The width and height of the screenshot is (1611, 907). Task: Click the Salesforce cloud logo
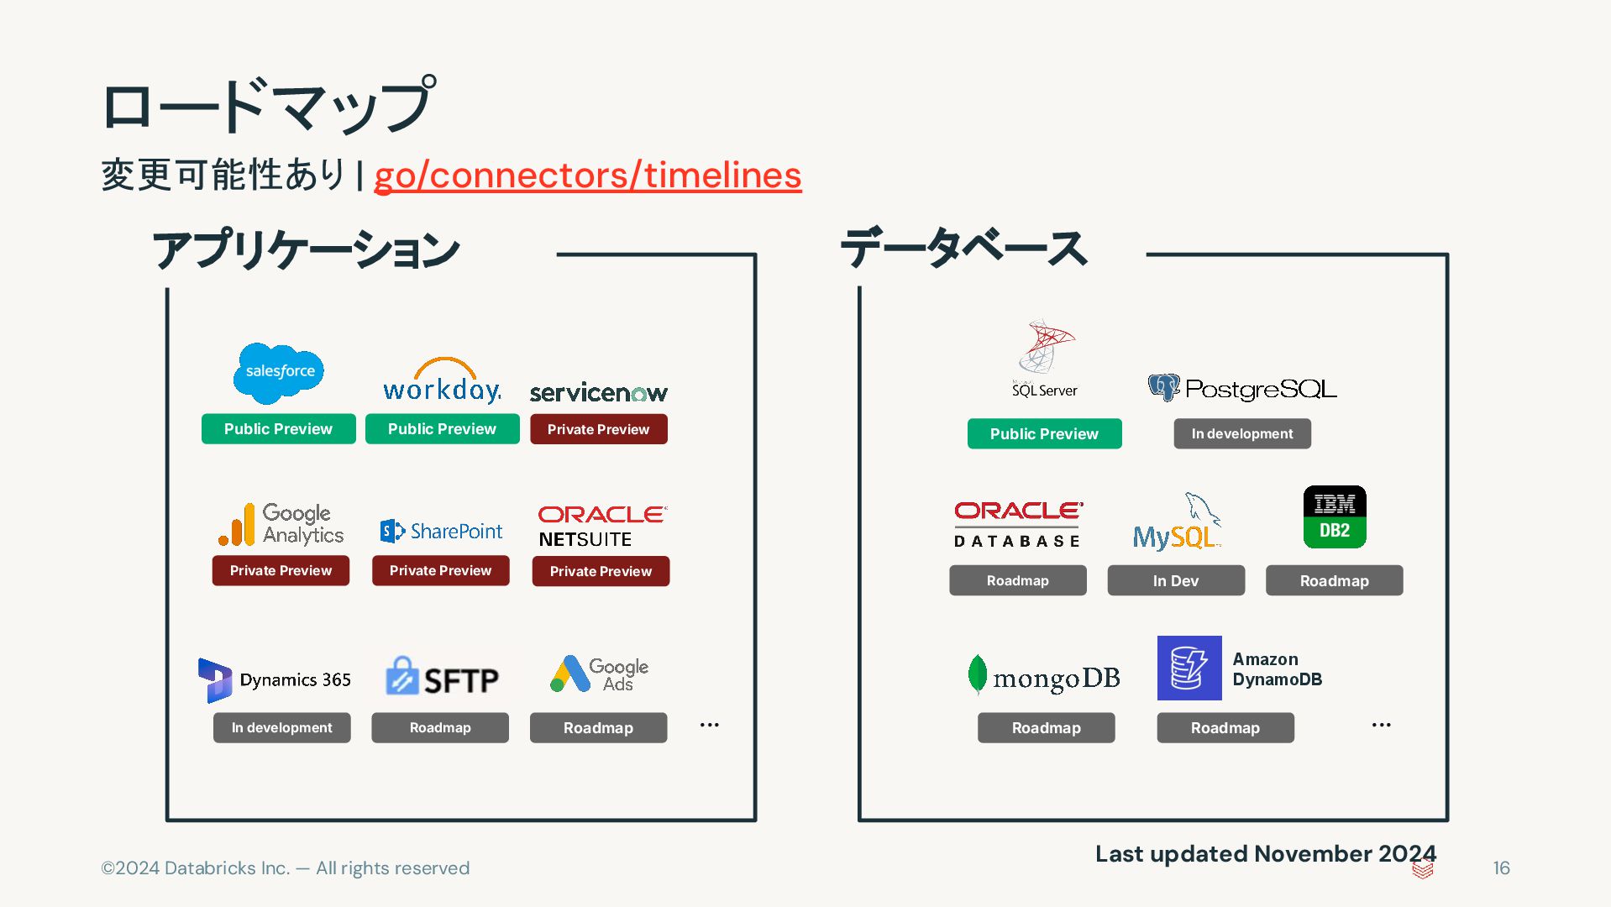[x=279, y=372]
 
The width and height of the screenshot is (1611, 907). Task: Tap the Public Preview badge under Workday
[x=442, y=429]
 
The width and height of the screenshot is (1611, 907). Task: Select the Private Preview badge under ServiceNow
[x=598, y=429]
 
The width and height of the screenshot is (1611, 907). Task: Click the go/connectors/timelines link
[x=587, y=176]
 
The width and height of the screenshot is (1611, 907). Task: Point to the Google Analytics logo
[x=281, y=524]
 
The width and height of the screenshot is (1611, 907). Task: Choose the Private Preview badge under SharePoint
[x=440, y=571]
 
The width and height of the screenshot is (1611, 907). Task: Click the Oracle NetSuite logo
[x=601, y=527]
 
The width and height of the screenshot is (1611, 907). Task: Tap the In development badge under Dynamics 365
[x=281, y=728]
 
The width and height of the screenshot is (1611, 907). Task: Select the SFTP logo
[x=442, y=678]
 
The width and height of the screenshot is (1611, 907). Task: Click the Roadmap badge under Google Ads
[x=598, y=728]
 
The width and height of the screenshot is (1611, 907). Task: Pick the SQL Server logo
[x=1044, y=359]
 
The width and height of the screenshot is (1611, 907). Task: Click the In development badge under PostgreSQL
[x=1241, y=434]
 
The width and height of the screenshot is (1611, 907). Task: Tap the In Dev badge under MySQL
[x=1175, y=581]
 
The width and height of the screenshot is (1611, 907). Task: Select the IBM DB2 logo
[x=1334, y=517]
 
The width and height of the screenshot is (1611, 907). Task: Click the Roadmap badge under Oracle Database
[x=1017, y=581]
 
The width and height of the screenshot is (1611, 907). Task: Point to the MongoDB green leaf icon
[x=977, y=674]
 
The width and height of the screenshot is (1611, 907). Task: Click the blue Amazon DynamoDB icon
[x=1189, y=668]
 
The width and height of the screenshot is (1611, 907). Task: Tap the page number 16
[x=1501, y=868]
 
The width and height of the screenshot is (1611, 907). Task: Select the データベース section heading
[x=963, y=249]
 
